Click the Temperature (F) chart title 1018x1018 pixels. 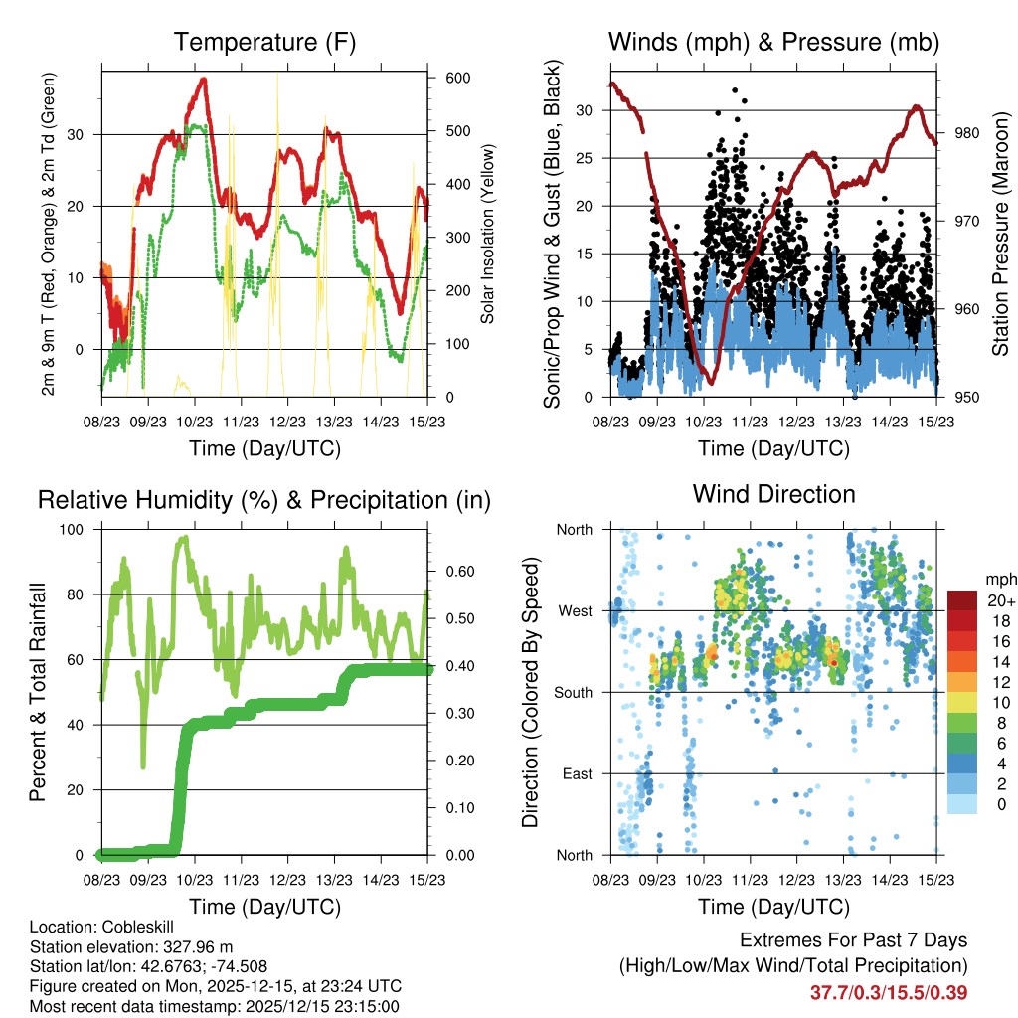[264, 43]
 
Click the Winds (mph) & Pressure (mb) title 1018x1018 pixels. [773, 43]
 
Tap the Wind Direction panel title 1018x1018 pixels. [773, 494]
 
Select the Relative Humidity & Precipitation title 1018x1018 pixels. [264, 501]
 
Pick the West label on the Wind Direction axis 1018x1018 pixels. [574, 611]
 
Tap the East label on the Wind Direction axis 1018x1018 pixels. [578, 773]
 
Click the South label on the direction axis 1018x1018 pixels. [573, 693]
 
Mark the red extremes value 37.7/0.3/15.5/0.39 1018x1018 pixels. [889, 993]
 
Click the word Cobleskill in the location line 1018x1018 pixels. [126, 927]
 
